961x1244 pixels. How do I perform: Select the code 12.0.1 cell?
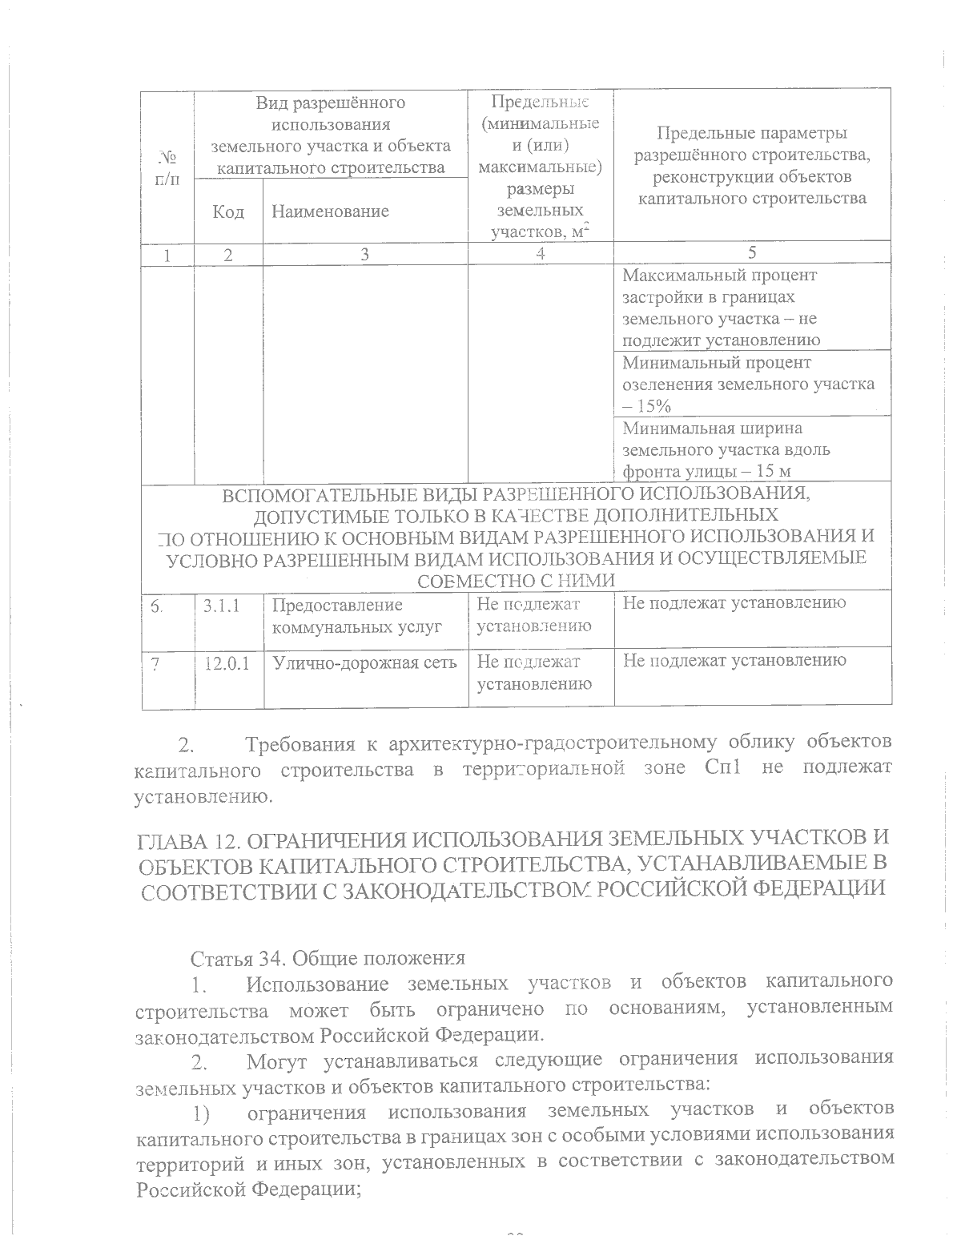tap(226, 662)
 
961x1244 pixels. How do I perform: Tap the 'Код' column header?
tap(228, 211)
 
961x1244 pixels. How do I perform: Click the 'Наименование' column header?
tap(330, 211)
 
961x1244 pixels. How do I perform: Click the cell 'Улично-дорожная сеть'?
tap(364, 662)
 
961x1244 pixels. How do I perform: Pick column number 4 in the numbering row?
tap(541, 253)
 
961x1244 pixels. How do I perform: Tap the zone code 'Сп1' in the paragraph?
tap(726, 769)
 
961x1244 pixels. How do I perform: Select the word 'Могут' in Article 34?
tap(279, 1063)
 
